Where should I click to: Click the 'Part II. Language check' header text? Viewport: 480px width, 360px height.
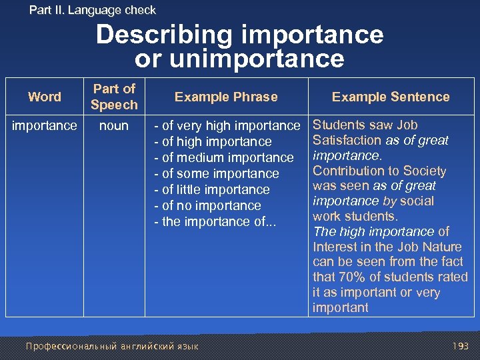(x=93, y=10)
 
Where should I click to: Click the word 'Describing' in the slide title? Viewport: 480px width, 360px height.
(x=169, y=35)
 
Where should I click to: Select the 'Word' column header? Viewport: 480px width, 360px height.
(x=45, y=97)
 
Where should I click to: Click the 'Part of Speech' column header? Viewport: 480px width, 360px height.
(x=114, y=97)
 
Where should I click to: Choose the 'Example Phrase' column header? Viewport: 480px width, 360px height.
(x=226, y=97)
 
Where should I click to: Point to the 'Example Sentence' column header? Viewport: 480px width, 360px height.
(x=391, y=97)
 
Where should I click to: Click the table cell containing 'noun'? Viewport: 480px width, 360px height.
(x=114, y=125)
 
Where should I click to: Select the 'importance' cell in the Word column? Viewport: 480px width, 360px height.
(x=45, y=125)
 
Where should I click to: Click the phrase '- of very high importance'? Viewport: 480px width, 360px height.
(x=227, y=125)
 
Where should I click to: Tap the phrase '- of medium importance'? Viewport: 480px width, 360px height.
(x=223, y=157)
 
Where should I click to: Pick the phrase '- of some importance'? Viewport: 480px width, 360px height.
(x=216, y=173)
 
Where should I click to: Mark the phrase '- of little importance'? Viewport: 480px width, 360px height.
(x=211, y=189)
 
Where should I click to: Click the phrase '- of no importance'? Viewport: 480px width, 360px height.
(x=207, y=205)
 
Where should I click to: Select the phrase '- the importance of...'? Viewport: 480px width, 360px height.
(x=210, y=221)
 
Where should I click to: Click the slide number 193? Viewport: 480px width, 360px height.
(x=460, y=346)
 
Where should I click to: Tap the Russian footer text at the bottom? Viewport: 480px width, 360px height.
(x=111, y=346)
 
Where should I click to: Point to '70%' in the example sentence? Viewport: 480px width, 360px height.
(x=351, y=277)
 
